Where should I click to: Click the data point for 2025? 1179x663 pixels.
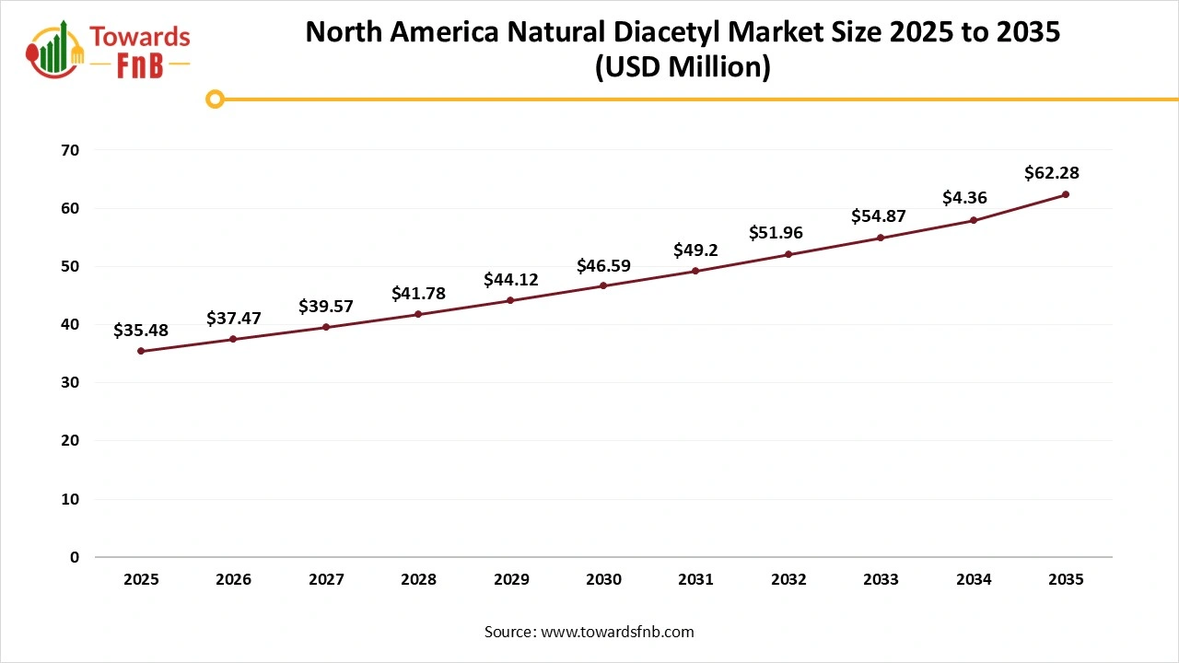click(141, 351)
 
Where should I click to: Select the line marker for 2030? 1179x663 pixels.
click(603, 285)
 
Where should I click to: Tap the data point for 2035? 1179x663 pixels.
click(1066, 194)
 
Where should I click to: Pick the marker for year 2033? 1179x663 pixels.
click(881, 238)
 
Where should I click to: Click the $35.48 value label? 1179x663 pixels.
click(141, 331)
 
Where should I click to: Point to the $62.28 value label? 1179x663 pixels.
click(1052, 173)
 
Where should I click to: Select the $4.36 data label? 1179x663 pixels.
click(965, 197)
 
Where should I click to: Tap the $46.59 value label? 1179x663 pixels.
click(603, 266)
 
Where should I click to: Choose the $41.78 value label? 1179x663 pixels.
click(418, 294)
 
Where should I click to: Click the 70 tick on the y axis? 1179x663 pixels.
click(70, 150)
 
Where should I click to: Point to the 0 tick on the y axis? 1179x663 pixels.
click(75, 557)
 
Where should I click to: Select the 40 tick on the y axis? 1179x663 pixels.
click(70, 324)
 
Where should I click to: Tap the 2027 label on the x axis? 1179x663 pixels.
click(326, 580)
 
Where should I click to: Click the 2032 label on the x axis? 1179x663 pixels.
click(788, 580)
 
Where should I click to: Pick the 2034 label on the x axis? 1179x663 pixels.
click(974, 580)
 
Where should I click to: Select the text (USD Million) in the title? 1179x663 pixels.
click(683, 67)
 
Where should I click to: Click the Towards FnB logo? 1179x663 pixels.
click(109, 51)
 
